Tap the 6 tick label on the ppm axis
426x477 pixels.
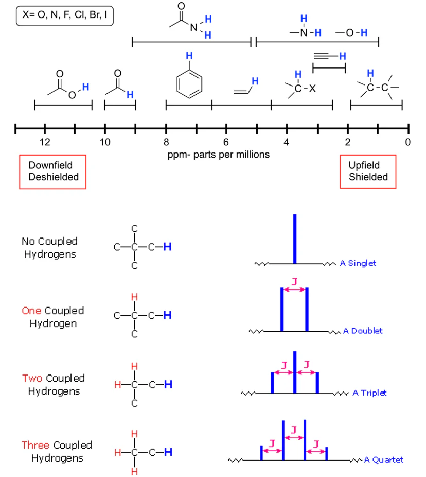pyautogui.click(x=226, y=142)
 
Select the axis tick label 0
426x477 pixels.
pyautogui.click(x=407, y=142)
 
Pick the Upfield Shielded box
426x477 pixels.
pyautogui.click(x=368, y=171)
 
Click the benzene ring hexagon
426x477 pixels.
pyautogui.click(x=189, y=83)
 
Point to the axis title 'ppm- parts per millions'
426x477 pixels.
pyautogui.click(x=218, y=154)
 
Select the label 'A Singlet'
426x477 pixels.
pyautogui.click(x=358, y=263)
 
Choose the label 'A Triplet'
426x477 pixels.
pyautogui.click(x=369, y=393)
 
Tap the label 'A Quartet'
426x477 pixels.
pyautogui.click(x=383, y=460)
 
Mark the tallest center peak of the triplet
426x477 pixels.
pyautogui.click(x=294, y=372)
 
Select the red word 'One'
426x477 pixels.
pyautogui.click(x=31, y=311)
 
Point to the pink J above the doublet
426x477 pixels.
pyautogui.click(x=294, y=281)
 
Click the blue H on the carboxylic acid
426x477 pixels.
pyautogui.click(x=86, y=86)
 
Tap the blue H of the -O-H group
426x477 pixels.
pyautogui.click(x=364, y=33)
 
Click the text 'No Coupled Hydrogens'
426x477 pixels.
pyautogui.click(x=49, y=248)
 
